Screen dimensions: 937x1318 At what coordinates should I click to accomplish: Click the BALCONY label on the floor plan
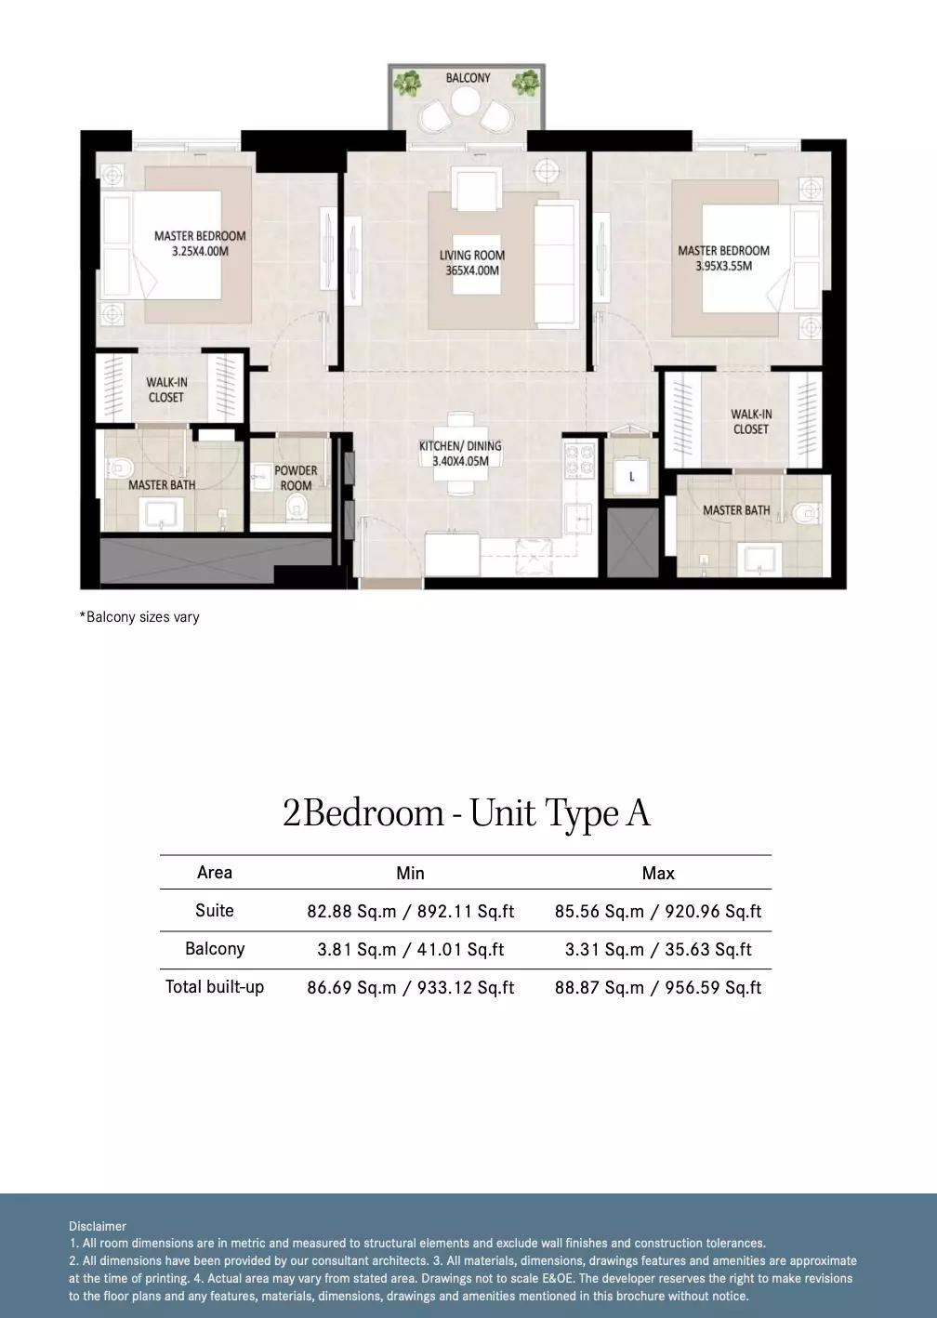point(468,78)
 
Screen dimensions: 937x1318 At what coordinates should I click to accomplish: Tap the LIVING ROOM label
point(472,256)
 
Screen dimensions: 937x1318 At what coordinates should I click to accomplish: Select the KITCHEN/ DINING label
point(460,446)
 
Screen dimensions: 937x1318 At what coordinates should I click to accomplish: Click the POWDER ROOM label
point(296,478)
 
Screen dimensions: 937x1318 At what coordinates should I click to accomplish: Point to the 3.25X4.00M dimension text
point(200,251)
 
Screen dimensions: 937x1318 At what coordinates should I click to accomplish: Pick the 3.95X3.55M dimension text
point(723,266)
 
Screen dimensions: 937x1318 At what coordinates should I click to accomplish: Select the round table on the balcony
point(466,101)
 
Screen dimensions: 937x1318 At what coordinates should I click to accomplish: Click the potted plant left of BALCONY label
point(407,83)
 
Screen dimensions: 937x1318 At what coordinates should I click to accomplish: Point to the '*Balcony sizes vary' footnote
point(139,617)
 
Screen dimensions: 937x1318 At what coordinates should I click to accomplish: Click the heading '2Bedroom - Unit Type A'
point(467,813)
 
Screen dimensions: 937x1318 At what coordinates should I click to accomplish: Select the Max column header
point(658,873)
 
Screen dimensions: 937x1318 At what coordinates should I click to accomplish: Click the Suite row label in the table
point(214,911)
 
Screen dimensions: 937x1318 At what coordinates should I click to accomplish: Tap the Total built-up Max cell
point(658,987)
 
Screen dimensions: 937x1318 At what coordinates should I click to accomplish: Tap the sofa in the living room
point(556,263)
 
